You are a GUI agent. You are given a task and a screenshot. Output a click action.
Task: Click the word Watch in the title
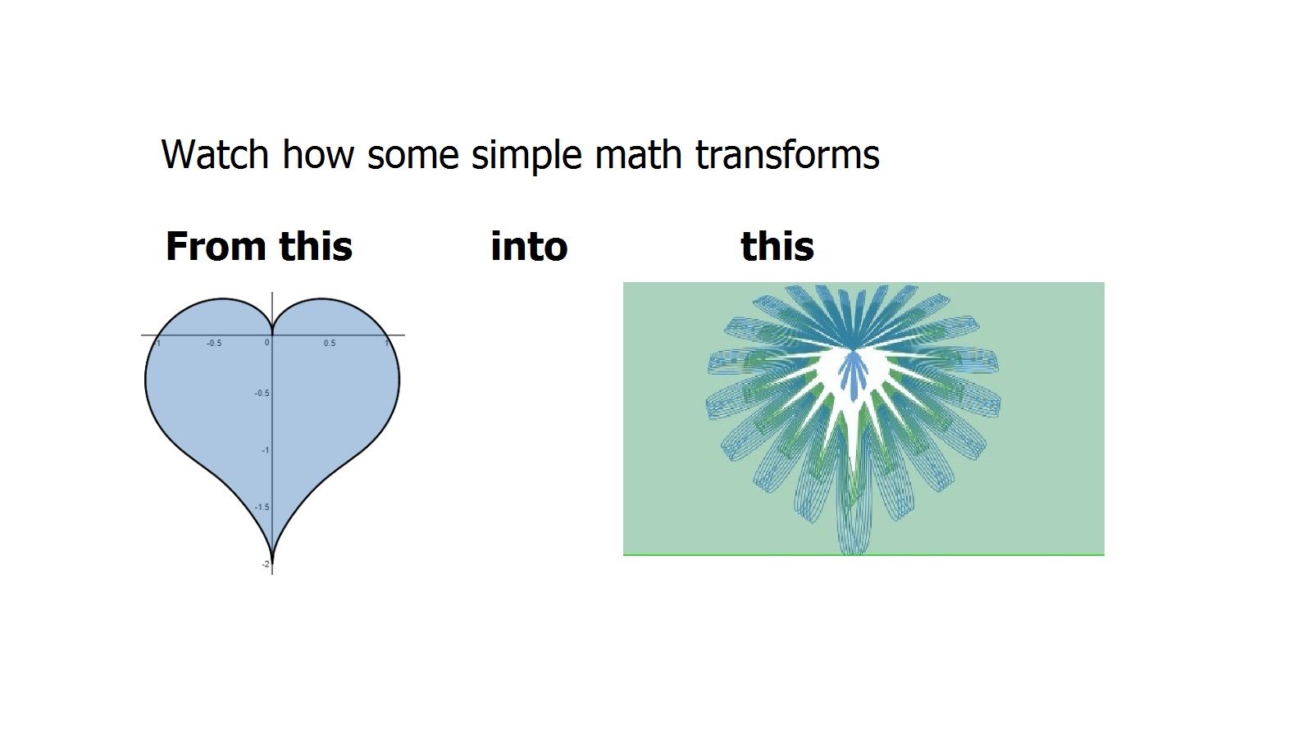coord(214,154)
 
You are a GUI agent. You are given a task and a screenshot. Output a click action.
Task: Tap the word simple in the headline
coord(526,155)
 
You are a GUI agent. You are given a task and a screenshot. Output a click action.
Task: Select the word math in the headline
coord(639,154)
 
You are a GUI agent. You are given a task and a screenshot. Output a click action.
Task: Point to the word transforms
coord(788,154)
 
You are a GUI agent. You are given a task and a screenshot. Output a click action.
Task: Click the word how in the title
coord(318,154)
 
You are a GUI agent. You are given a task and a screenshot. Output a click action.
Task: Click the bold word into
coord(529,246)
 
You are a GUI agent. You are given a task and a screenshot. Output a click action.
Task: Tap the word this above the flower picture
coord(777,246)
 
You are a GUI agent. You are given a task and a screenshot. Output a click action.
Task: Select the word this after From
coord(316,246)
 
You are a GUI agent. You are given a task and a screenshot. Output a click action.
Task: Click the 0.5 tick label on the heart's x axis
coord(330,344)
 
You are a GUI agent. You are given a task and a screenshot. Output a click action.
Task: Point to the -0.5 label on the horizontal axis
coord(214,344)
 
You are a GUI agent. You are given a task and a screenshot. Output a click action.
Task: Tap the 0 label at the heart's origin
coord(267,343)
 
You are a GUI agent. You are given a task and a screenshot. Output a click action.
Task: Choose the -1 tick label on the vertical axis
coord(266,450)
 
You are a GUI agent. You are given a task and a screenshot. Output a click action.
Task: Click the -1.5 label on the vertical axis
coord(262,508)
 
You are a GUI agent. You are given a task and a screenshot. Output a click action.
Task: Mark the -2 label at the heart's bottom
coord(266,564)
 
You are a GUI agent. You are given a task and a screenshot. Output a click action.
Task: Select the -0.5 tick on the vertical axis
coord(262,393)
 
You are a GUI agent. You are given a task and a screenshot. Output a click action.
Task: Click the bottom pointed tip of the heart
coord(272,563)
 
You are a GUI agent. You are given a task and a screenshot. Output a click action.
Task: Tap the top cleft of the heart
coord(272,331)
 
